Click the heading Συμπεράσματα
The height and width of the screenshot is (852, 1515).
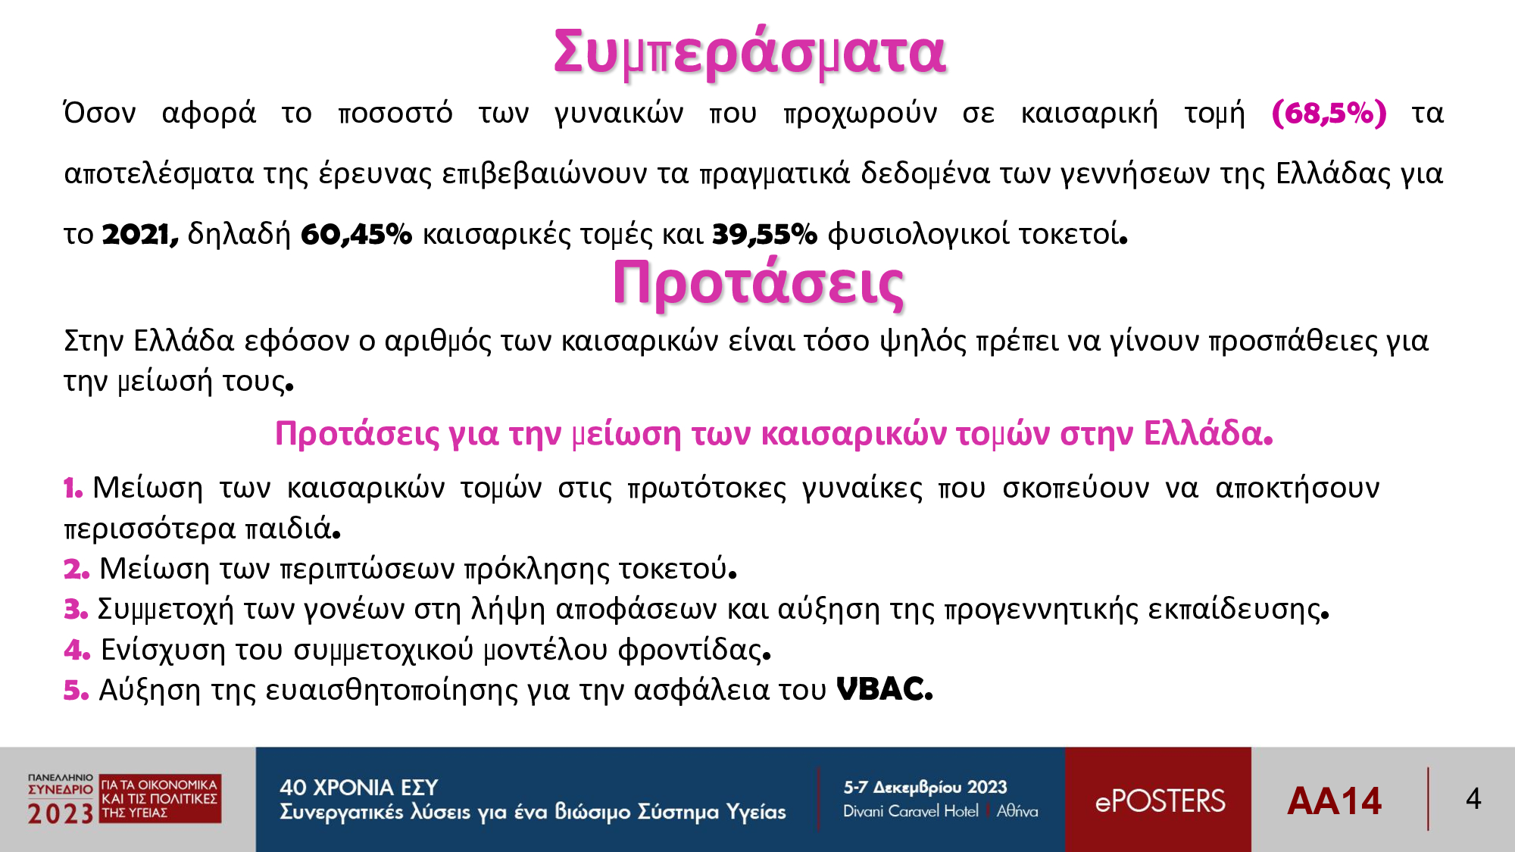(750, 53)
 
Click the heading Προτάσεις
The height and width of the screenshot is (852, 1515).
(758, 283)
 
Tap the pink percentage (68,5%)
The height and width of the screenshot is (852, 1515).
(1329, 114)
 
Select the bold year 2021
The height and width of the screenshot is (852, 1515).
(140, 235)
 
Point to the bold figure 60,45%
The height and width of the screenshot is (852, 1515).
(356, 235)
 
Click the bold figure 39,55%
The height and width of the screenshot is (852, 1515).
(764, 235)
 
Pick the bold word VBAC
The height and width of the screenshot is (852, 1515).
(884, 689)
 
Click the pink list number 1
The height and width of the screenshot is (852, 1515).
(73, 488)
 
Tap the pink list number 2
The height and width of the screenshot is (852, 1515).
(77, 570)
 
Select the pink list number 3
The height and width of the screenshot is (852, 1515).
(76, 610)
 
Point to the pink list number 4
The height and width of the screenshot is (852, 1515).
(77, 650)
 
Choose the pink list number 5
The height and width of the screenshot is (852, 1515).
(77, 690)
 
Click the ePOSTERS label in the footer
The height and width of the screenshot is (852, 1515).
(1160, 801)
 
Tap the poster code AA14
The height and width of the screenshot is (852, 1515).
(1335, 801)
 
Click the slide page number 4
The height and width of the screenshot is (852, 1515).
(1473, 798)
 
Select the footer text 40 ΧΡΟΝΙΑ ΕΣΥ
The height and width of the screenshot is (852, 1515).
(359, 788)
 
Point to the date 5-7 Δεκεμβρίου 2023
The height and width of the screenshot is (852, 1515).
(925, 788)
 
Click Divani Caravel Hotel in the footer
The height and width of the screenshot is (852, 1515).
(911, 811)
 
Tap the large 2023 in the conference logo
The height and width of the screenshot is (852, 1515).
(61, 814)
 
